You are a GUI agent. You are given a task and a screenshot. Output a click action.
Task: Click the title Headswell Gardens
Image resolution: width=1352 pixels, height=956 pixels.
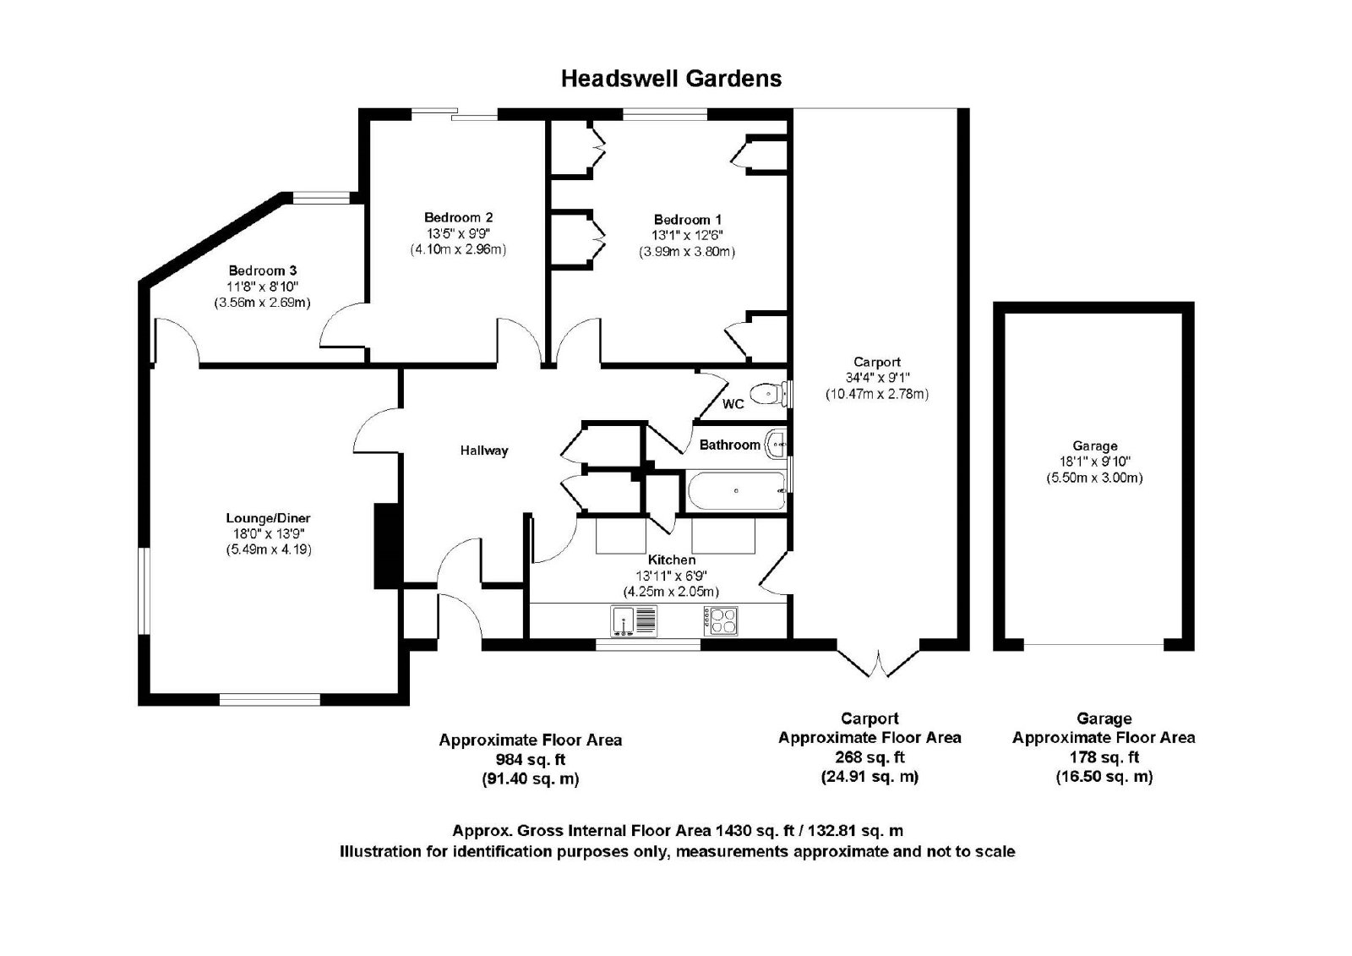coord(671,79)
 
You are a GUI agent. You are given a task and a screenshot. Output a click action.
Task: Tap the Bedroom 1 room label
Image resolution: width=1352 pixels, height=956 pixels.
coord(688,219)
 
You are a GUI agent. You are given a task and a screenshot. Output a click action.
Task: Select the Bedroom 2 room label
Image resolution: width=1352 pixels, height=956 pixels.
coord(458,217)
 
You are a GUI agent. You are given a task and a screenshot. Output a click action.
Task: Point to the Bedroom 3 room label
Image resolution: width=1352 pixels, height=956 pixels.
coord(263,270)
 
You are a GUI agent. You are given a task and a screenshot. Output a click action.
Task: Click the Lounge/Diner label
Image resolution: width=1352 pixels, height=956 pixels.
coord(268,517)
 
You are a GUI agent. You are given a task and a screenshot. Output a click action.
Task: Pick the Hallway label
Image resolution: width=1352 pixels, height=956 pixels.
coord(484,450)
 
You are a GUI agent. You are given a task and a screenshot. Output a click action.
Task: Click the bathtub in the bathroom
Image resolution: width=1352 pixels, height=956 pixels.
coord(737,491)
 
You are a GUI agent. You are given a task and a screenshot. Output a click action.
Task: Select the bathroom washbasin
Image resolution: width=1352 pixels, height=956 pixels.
coord(776,445)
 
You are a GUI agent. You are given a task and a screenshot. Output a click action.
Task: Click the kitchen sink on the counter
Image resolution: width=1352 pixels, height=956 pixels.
coord(633,620)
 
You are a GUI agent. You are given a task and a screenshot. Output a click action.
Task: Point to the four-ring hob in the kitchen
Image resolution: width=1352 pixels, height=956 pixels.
coord(720,620)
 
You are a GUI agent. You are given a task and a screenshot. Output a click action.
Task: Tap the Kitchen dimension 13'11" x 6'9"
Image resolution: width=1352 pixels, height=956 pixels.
coord(671,576)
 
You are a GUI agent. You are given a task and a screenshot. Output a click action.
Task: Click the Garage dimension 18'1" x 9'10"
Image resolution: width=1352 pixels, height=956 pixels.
coord(1095,462)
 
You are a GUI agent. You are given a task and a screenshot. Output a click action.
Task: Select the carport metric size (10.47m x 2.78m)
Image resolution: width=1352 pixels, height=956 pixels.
coord(877,394)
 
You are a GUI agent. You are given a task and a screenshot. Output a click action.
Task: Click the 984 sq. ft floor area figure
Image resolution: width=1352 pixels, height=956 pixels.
coord(531,759)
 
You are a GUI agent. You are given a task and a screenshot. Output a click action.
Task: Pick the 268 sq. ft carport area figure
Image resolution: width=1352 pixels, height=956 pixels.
coord(870,757)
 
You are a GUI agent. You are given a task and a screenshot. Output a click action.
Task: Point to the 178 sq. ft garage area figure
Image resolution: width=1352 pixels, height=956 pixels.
coord(1104,757)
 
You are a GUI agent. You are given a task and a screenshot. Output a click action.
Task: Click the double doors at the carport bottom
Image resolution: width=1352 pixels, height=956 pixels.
coord(878,663)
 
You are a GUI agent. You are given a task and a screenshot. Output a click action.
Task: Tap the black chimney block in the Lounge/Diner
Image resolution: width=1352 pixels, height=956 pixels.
coord(387,545)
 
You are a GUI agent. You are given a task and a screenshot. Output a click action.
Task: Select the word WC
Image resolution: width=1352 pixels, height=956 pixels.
coord(733,404)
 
